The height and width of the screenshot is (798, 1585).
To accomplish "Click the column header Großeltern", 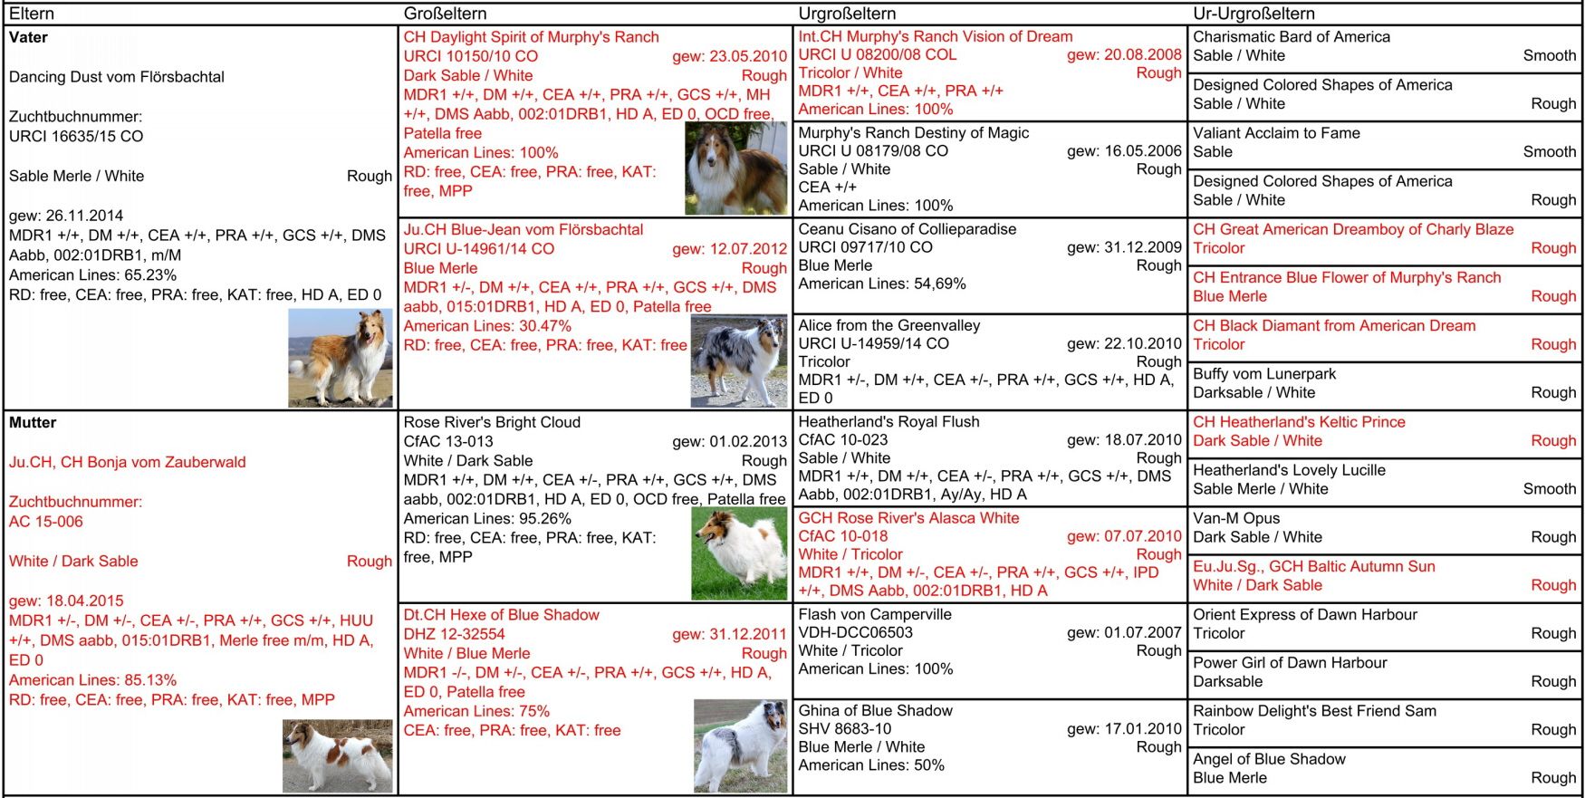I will tap(445, 14).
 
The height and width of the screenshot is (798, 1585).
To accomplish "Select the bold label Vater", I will tap(28, 37).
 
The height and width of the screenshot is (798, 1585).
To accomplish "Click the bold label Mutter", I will tap(33, 422).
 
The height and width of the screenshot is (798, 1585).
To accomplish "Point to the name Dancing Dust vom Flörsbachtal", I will tap(117, 77).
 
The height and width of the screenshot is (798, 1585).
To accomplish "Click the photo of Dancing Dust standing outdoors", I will tap(341, 358).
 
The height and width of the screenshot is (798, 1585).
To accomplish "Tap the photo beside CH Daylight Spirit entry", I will tap(735, 168).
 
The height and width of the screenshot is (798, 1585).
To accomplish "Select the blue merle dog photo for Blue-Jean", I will tap(738, 361).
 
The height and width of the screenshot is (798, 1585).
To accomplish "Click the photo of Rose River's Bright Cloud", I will tap(738, 553).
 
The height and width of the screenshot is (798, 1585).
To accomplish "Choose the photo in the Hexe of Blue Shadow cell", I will tap(740, 745).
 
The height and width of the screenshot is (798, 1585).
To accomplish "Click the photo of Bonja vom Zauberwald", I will tap(337, 755).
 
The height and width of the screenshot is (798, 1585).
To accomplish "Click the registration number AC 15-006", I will tap(46, 522).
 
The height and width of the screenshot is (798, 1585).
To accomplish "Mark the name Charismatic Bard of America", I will tap(1291, 37).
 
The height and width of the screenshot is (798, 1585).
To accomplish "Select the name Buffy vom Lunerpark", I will tap(1264, 374).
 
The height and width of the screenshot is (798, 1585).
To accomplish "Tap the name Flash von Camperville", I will tap(875, 614).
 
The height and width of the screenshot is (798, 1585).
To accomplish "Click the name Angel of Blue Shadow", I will tap(1269, 759).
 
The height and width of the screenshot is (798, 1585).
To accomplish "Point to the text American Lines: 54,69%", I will tap(881, 284).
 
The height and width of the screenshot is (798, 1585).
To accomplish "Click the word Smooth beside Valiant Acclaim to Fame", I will tap(1549, 152).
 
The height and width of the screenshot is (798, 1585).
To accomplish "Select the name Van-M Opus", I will tap(1236, 518).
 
